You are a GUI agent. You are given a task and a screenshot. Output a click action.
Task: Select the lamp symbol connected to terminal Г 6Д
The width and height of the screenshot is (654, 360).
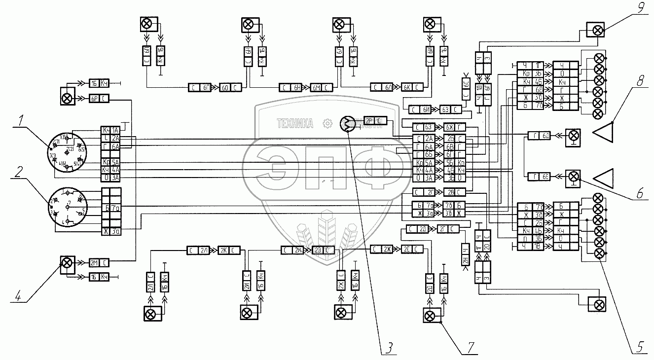(x=573, y=135)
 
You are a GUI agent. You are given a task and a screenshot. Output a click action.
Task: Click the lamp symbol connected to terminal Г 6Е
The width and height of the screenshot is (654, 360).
(x=573, y=176)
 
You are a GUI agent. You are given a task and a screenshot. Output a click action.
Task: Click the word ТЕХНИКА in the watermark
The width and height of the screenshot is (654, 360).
(x=295, y=124)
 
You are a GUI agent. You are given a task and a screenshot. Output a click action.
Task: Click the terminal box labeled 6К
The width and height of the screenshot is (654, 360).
(x=407, y=87)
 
